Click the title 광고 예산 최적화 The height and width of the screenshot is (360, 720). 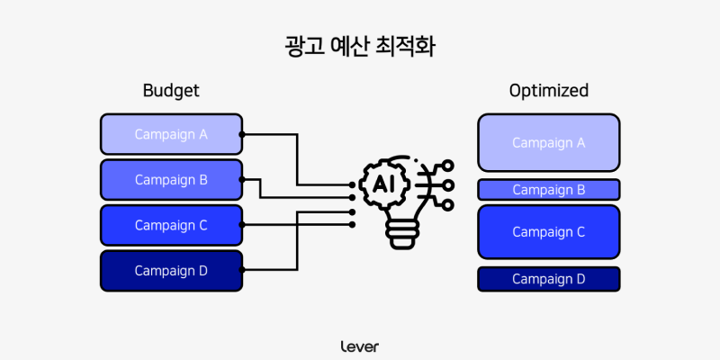360,46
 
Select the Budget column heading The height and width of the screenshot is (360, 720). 171,91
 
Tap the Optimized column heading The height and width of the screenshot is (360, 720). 548,91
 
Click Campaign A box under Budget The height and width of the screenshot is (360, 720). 171,134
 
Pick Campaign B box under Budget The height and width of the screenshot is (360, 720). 171,179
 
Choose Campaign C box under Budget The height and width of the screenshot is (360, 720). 171,225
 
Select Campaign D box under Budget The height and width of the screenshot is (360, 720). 171,270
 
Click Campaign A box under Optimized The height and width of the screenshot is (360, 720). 548,142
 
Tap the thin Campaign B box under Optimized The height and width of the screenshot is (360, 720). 548,189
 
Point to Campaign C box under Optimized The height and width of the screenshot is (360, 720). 548,231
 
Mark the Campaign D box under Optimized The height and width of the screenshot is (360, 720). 548,279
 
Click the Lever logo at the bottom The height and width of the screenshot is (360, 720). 360,346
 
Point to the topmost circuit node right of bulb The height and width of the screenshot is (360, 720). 448,166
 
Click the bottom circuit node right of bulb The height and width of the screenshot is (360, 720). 448,205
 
